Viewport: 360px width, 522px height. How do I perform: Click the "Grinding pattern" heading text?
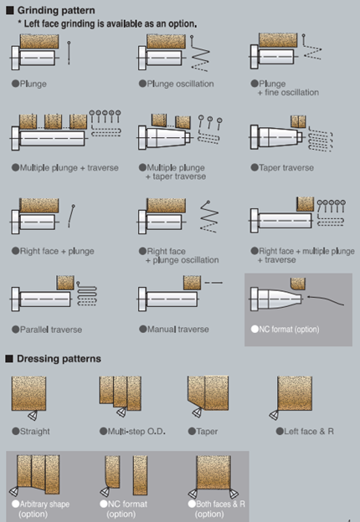tap(56, 10)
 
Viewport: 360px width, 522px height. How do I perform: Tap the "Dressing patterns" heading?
tap(59, 359)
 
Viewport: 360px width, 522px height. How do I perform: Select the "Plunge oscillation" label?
tap(181, 84)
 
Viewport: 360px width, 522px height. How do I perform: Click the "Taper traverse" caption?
tap(286, 167)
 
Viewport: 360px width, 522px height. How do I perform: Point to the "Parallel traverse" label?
tap(51, 330)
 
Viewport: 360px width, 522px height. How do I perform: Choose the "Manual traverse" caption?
tap(178, 330)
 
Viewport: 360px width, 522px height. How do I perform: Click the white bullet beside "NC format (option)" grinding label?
tap(255, 329)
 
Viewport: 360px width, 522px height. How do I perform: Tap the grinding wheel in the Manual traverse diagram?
tap(193, 283)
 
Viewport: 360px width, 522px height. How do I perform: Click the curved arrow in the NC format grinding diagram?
tap(326, 299)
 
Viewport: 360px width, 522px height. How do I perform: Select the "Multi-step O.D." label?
tap(136, 432)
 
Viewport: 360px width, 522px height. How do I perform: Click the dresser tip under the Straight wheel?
tap(33, 416)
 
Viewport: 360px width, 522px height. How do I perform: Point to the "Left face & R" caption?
tap(309, 432)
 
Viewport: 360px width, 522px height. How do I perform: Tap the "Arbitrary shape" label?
tap(44, 504)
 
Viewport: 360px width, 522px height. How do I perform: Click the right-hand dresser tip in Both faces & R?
tap(233, 494)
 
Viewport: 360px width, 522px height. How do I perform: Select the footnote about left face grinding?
tap(107, 24)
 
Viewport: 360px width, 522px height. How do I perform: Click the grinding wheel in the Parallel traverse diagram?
tap(65, 283)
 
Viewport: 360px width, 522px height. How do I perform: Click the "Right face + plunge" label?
tap(57, 251)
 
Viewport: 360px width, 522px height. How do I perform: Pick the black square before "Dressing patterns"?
tap(9, 359)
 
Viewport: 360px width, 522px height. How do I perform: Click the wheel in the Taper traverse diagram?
tap(298, 121)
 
